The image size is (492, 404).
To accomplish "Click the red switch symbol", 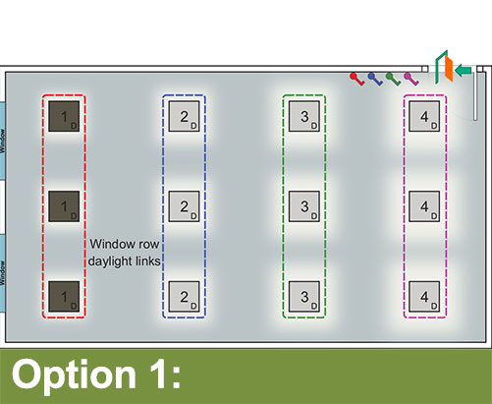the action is (356, 79).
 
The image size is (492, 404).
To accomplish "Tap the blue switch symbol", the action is (375, 79).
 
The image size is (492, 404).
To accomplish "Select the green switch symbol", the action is (393, 79).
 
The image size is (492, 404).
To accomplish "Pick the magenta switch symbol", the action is (410, 79).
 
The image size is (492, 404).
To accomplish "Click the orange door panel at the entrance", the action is (449, 70).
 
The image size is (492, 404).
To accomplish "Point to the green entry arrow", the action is (464, 70).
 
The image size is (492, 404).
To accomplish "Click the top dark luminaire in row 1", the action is (64, 116).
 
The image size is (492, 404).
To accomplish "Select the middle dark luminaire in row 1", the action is (64, 206).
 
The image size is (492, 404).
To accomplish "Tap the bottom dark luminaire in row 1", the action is (64, 297).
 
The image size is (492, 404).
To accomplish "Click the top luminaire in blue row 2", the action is (184, 116).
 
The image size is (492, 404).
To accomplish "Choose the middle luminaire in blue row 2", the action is (184, 206).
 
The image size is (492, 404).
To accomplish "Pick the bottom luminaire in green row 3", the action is (304, 297).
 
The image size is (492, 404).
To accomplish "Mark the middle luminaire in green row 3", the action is (304, 206).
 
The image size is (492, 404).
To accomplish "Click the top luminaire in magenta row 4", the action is (424, 116).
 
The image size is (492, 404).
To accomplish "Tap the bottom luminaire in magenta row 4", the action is (424, 297).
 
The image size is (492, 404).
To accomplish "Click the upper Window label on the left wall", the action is (3, 142).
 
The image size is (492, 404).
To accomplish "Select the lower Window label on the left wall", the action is (3, 273).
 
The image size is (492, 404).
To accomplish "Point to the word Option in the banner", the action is (74, 375).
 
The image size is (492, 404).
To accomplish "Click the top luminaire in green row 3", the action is (304, 116).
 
